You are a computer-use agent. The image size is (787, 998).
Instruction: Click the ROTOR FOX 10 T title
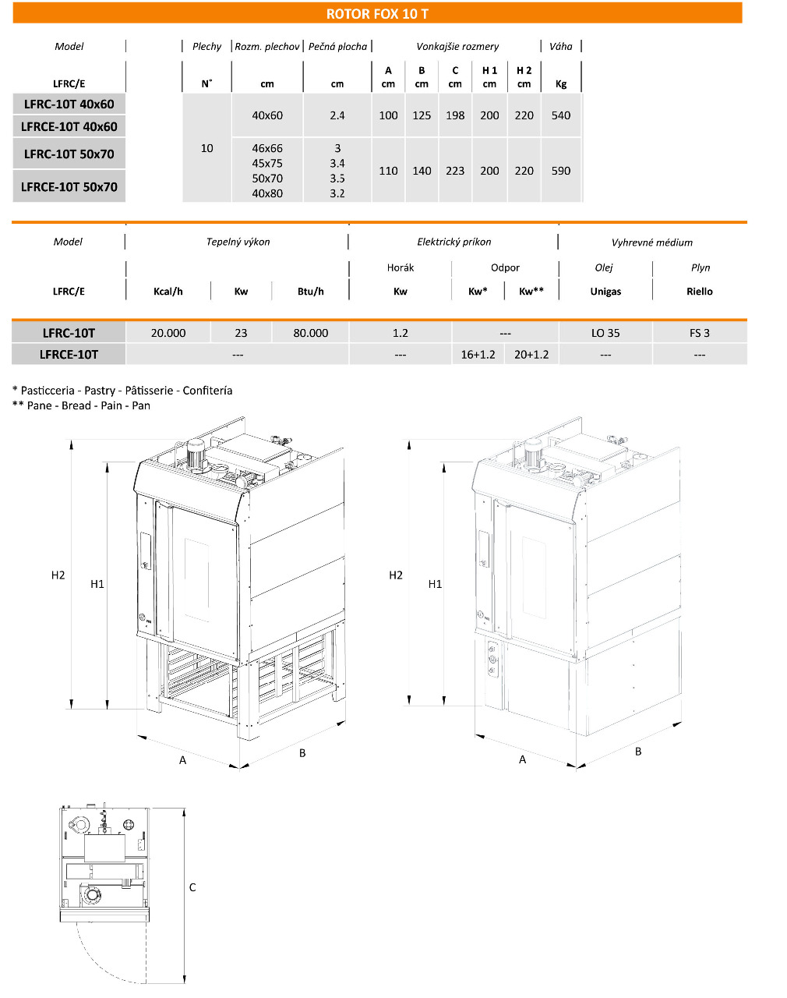point(377,14)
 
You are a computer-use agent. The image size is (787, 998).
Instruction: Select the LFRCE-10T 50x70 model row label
point(69,187)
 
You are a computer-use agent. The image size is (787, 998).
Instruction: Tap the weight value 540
point(561,115)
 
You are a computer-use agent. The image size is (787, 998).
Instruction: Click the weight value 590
point(561,171)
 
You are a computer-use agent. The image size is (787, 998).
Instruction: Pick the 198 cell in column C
point(455,115)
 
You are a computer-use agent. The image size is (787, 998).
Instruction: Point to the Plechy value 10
point(206,148)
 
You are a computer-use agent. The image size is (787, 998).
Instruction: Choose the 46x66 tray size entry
point(267,148)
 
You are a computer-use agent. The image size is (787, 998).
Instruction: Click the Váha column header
point(561,46)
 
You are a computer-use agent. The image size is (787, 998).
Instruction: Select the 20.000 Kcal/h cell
point(168,333)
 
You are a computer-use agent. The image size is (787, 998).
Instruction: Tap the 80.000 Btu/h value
point(311,333)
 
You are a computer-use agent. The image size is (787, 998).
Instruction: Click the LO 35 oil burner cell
point(605,333)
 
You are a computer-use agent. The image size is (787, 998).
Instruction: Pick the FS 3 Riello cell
point(700,333)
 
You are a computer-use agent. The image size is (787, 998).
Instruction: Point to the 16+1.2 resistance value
point(478,354)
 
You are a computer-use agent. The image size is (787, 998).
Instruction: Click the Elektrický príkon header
point(454,242)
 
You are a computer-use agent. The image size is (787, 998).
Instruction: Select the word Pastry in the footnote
point(100,391)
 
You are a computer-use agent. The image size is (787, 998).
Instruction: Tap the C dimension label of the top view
point(192,887)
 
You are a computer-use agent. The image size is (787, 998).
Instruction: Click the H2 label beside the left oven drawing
point(58,575)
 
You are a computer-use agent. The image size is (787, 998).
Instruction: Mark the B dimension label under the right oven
point(638,752)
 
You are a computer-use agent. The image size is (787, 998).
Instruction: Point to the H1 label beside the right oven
point(435,584)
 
